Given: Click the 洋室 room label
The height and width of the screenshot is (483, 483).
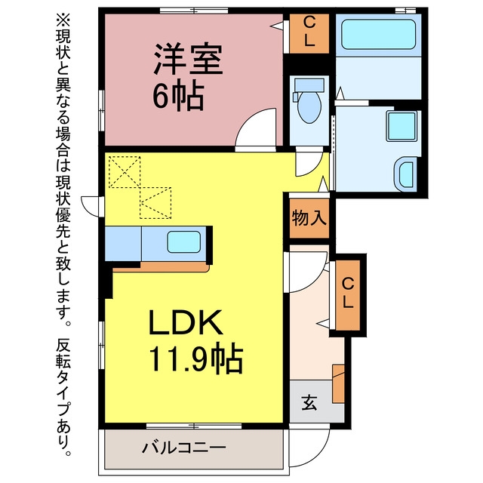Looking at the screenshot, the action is point(188,60).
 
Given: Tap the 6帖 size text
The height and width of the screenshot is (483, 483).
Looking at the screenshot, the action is point(178,96).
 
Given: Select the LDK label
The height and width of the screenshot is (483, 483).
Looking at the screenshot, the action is point(186,322).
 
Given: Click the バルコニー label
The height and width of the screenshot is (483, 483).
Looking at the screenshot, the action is point(184,448).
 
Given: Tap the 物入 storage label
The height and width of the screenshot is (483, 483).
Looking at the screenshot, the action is point(309,218).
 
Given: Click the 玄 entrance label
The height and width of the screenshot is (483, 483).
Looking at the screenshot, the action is point(309,402).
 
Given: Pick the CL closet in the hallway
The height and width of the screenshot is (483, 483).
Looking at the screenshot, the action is point(348,294).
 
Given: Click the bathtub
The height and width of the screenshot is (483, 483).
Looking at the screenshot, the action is point(379,34).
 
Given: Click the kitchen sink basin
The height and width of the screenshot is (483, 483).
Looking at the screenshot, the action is point(184,241).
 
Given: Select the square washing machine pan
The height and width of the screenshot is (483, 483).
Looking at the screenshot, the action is point(402,126).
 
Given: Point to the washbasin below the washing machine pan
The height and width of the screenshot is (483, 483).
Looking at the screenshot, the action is point(407,174).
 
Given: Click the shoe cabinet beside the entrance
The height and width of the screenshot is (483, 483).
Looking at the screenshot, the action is point(339,383).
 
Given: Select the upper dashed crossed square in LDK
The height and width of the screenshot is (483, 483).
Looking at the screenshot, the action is point(125,172).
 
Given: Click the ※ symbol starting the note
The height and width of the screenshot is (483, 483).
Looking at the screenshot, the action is point(63,20).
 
